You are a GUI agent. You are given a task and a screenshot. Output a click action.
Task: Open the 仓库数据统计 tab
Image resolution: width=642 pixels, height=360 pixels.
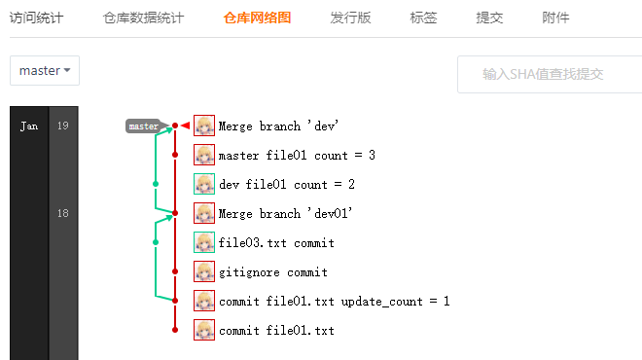(x=144, y=18)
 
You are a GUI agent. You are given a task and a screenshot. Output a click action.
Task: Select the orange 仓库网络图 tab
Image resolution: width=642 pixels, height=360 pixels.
(x=256, y=18)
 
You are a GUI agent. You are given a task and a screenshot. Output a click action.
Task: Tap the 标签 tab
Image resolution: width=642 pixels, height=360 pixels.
(x=423, y=18)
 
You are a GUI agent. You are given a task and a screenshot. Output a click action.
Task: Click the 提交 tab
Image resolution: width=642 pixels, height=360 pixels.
(x=489, y=18)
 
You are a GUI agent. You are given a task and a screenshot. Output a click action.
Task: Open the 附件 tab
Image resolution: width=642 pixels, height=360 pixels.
(x=555, y=18)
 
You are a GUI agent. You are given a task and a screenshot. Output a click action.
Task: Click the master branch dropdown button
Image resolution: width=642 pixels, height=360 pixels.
(x=45, y=70)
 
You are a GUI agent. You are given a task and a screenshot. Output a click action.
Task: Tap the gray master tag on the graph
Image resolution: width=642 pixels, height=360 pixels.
(x=143, y=126)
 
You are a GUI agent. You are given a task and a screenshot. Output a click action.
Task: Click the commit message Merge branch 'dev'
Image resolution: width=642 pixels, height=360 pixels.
(x=277, y=126)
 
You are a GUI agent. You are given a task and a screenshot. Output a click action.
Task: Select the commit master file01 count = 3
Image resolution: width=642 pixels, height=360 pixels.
(x=297, y=156)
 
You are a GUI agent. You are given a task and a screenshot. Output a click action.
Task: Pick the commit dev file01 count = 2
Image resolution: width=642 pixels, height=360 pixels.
(x=287, y=185)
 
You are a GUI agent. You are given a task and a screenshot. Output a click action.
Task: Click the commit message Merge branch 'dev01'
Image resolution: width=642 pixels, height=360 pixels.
(x=284, y=214)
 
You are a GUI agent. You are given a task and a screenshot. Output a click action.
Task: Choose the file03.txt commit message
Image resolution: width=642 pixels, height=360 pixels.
(x=276, y=243)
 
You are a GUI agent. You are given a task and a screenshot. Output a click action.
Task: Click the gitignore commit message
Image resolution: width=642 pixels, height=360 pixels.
(x=272, y=272)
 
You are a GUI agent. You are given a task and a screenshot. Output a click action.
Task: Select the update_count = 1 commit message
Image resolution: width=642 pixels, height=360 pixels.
(x=334, y=302)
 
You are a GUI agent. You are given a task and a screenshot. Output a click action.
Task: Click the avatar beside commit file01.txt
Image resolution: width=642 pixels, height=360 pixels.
(x=204, y=330)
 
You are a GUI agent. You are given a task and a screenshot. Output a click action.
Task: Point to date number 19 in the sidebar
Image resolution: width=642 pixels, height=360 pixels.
(x=62, y=126)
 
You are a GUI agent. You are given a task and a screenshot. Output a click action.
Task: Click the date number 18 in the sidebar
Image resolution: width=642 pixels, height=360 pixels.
(x=62, y=213)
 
